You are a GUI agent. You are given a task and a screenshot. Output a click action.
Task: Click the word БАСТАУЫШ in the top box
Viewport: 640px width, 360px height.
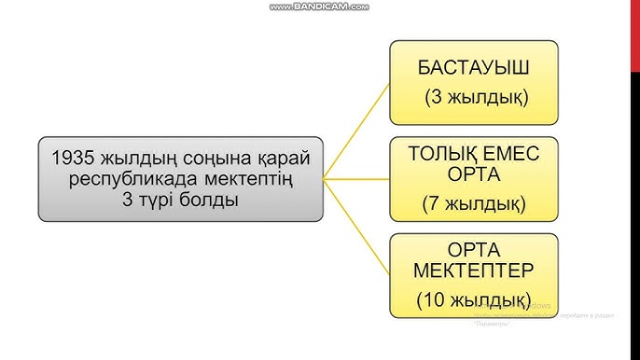(474, 68)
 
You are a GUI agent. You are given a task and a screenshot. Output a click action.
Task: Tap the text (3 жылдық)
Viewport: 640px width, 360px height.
(475, 97)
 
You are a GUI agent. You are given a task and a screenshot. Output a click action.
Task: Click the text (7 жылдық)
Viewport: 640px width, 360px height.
(474, 202)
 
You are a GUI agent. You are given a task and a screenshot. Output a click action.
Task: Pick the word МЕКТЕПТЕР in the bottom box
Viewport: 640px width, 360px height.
(474, 271)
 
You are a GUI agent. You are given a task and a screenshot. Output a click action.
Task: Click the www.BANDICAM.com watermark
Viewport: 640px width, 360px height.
(320, 7)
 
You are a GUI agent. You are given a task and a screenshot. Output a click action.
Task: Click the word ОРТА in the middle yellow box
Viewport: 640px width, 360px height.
(474, 174)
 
